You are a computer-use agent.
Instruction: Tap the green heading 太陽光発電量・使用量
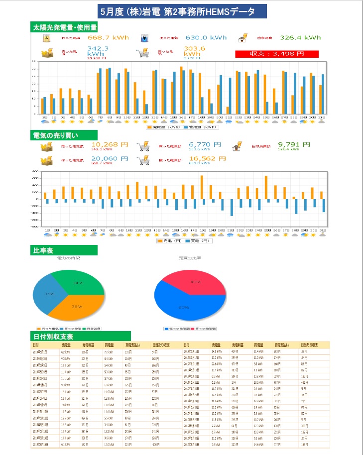click(x=64, y=26)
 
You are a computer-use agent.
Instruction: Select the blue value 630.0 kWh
click(x=206, y=37)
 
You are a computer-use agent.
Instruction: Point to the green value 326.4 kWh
click(x=300, y=37)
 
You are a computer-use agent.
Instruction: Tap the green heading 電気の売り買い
click(x=62, y=135)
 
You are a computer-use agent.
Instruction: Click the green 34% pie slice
click(x=79, y=282)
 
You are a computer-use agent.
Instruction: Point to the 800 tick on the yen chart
click(x=35, y=171)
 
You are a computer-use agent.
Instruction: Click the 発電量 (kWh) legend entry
click(x=160, y=127)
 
